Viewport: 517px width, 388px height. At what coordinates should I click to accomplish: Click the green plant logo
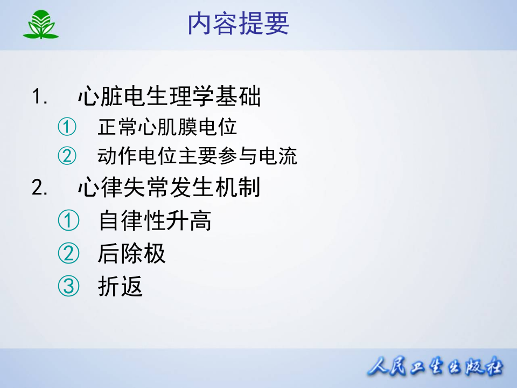pyautogui.click(x=41, y=25)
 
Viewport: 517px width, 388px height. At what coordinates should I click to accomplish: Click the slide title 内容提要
pyautogui.click(x=239, y=24)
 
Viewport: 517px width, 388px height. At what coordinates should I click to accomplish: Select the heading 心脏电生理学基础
pyautogui.click(x=169, y=98)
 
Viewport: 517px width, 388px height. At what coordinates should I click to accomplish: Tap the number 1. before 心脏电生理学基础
pyautogui.click(x=40, y=98)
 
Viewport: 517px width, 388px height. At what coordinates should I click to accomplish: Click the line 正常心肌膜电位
pyautogui.click(x=167, y=128)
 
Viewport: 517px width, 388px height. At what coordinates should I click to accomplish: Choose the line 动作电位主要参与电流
pyautogui.click(x=198, y=156)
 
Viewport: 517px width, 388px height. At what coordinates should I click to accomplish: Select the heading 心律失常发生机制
pyautogui.click(x=169, y=188)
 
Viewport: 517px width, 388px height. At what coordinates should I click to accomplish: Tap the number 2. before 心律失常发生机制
pyautogui.click(x=40, y=188)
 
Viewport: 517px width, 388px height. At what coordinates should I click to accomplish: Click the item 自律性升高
pyautogui.click(x=155, y=221)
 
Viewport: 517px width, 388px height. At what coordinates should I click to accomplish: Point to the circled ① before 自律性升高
pyautogui.click(x=68, y=221)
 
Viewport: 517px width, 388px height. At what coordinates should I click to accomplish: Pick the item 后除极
pyautogui.click(x=131, y=254)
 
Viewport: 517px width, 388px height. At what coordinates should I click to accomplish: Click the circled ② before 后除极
pyautogui.click(x=68, y=254)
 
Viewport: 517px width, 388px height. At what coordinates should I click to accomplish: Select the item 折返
pyautogui.click(x=120, y=287)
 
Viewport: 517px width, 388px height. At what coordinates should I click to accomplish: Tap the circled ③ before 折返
pyautogui.click(x=68, y=287)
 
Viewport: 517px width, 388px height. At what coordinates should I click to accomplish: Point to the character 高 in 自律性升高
pyautogui.click(x=200, y=221)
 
